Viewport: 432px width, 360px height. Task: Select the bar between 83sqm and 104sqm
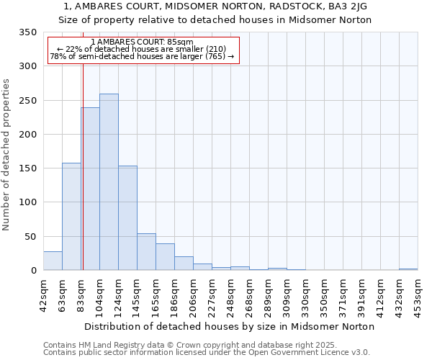click(x=90, y=189)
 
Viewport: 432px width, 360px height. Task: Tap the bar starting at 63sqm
click(x=71, y=217)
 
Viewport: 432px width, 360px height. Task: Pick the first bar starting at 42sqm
click(x=53, y=261)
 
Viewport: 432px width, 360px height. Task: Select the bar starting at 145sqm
click(x=146, y=252)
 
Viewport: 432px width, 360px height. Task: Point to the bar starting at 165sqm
click(x=165, y=257)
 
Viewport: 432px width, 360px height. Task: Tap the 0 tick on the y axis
click(x=34, y=271)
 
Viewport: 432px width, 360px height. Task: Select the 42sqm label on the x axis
click(x=43, y=294)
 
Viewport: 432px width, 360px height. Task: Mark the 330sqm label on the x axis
click(x=305, y=294)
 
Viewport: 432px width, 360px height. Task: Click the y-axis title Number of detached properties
click(x=7, y=155)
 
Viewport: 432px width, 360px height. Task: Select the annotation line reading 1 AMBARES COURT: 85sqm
click(x=143, y=42)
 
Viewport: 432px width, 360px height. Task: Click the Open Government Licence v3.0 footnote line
click(x=207, y=353)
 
